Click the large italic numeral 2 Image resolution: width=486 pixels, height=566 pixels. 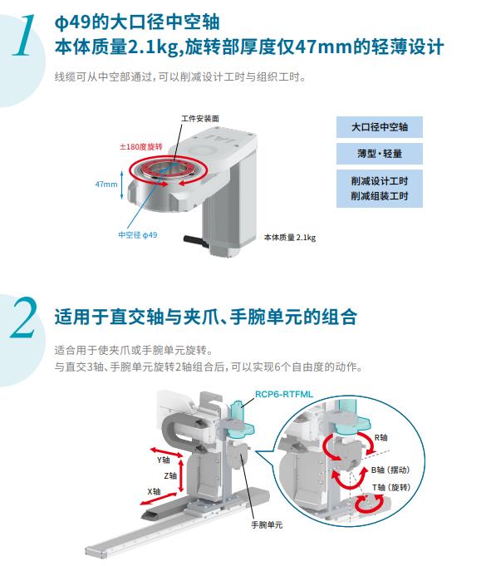[x=24, y=317]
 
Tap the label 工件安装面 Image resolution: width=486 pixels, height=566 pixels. [x=200, y=118]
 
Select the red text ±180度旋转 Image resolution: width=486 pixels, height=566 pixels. [x=141, y=146]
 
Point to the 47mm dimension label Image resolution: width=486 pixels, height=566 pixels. [x=106, y=184]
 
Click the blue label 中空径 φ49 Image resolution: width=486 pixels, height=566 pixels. [x=138, y=235]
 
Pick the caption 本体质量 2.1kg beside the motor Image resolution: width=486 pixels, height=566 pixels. [x=290, y=237]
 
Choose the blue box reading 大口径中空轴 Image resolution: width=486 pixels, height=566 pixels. [x=380, y=127]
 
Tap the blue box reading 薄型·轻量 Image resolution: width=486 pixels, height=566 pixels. [x=380, y=154]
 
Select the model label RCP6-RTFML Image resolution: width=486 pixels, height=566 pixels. [x=284, y=394]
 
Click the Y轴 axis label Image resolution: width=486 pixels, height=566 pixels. [x=164, y=460]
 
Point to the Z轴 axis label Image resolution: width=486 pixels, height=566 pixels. [x=170, y=475]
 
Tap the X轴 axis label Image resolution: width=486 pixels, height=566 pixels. [x=154, y=491]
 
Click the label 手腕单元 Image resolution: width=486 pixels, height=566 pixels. [x=267, y=524]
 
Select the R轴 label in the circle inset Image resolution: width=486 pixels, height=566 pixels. [x=381, y=437]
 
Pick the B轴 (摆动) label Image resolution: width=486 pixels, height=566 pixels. [x=390, y=470]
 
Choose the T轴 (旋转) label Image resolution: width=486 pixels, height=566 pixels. [x=391, y=487]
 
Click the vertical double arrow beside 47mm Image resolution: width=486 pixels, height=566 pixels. [x=121, y=185]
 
